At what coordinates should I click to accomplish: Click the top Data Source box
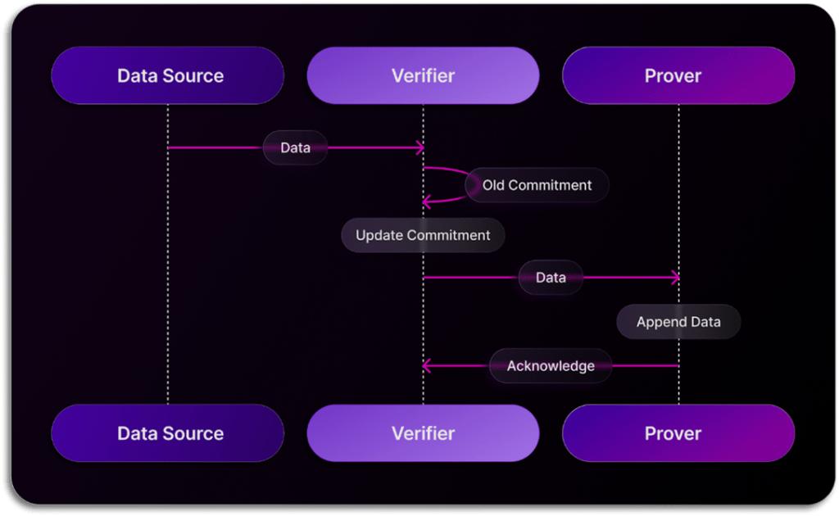click(x=167, y=75)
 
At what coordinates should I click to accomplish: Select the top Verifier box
click(x=423, y=75)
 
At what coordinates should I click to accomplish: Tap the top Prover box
click(x=678, y=75)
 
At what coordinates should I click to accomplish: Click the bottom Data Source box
click(x=167, y=433)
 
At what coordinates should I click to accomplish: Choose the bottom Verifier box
click(x=423, y=433)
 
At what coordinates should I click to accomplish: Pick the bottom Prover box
click(x=678, y=433)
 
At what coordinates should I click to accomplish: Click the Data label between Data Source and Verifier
click(x=295, y=148)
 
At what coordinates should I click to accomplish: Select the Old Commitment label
click(x=537, y=185)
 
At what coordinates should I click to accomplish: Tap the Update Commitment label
click(x=423, y=235)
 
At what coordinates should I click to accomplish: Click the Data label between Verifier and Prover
click(x=551, y=278)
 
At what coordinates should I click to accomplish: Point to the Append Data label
click(x=678, y=322)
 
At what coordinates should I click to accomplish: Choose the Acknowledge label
click(x=551, y=365)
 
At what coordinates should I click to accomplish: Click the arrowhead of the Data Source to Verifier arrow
click(x=419, y=148)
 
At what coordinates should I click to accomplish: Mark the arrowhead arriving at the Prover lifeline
click(x=675, y=278)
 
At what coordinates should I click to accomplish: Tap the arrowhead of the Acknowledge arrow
click(x=426, y=365)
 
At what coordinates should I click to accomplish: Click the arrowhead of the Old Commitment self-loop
click(x=426, y=201)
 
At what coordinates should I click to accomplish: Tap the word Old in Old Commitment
click(x=493, y=185)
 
